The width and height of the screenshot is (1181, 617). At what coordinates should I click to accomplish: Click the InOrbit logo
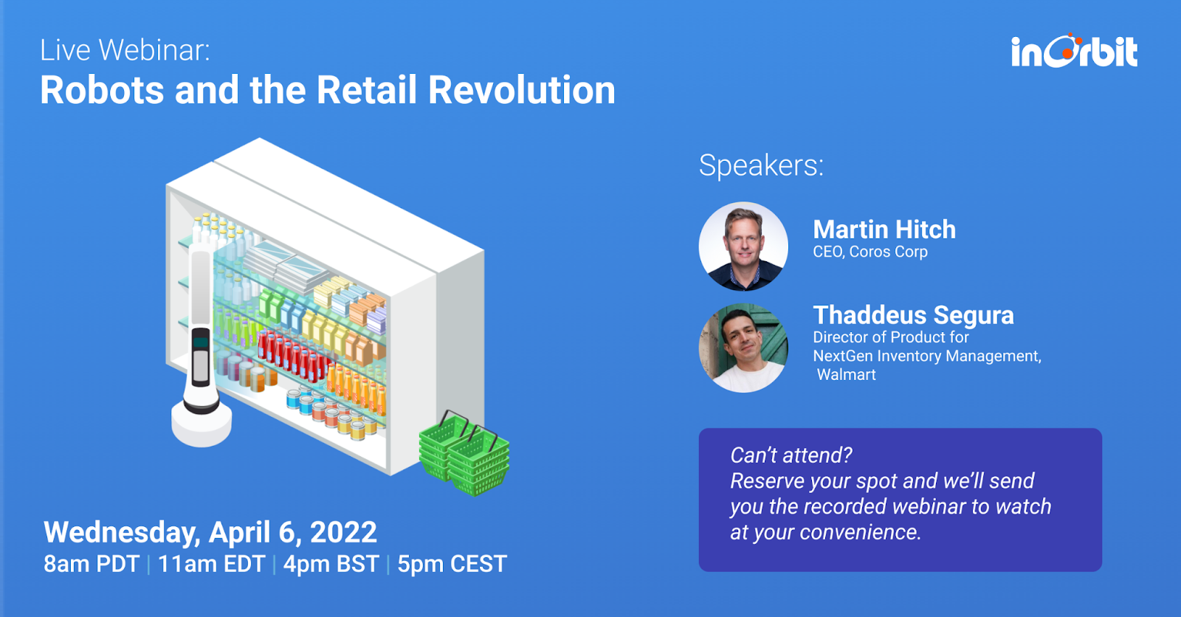point(1074,51)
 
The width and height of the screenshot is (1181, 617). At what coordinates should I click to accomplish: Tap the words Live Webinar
point(125,51)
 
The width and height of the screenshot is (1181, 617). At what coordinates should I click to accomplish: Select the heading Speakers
point(761,165)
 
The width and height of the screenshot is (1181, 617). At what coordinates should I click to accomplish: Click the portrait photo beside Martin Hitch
point(743,247)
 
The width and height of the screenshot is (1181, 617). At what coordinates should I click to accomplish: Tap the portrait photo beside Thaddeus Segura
point(743,348)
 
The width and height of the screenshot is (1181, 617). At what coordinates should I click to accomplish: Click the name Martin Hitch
point(884,230)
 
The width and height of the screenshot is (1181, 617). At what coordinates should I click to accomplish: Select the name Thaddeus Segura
point(913,315)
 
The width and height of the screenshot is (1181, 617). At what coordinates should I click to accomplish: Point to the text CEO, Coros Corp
point(870,252)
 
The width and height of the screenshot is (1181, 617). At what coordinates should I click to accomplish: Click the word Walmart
point(846,374)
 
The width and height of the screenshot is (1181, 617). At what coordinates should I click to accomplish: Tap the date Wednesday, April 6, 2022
point(210,532)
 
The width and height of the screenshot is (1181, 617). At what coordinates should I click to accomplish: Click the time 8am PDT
point(92,564)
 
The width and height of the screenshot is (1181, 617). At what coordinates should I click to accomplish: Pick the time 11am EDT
point(211,564)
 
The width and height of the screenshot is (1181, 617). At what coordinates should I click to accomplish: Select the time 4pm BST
point(331,564)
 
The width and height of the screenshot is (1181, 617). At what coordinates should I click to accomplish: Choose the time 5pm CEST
point(452,564)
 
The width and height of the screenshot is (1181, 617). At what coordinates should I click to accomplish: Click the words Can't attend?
point(791,455)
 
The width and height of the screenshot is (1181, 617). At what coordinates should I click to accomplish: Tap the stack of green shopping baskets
point(464,453)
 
